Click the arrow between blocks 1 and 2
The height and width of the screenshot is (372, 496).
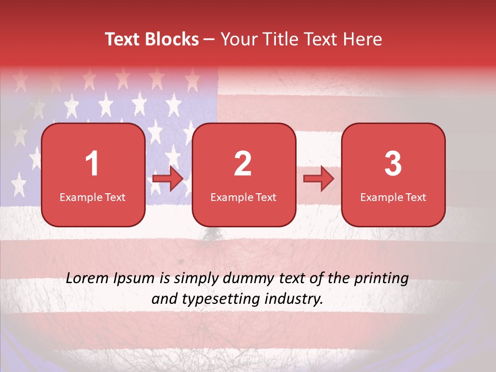(x=168, y=179)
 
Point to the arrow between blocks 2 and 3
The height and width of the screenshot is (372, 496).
(x=319, y=179)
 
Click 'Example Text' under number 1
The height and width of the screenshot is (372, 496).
(x=92, y=197)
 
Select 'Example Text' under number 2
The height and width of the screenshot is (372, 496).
(x=243, y=197)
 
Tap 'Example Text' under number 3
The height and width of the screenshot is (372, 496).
(x=393, y=197)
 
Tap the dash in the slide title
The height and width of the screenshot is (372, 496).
(x=209, y=39)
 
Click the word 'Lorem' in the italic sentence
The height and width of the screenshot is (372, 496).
(x=87, y=278)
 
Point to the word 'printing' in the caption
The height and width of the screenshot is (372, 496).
(x=381, y=279)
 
